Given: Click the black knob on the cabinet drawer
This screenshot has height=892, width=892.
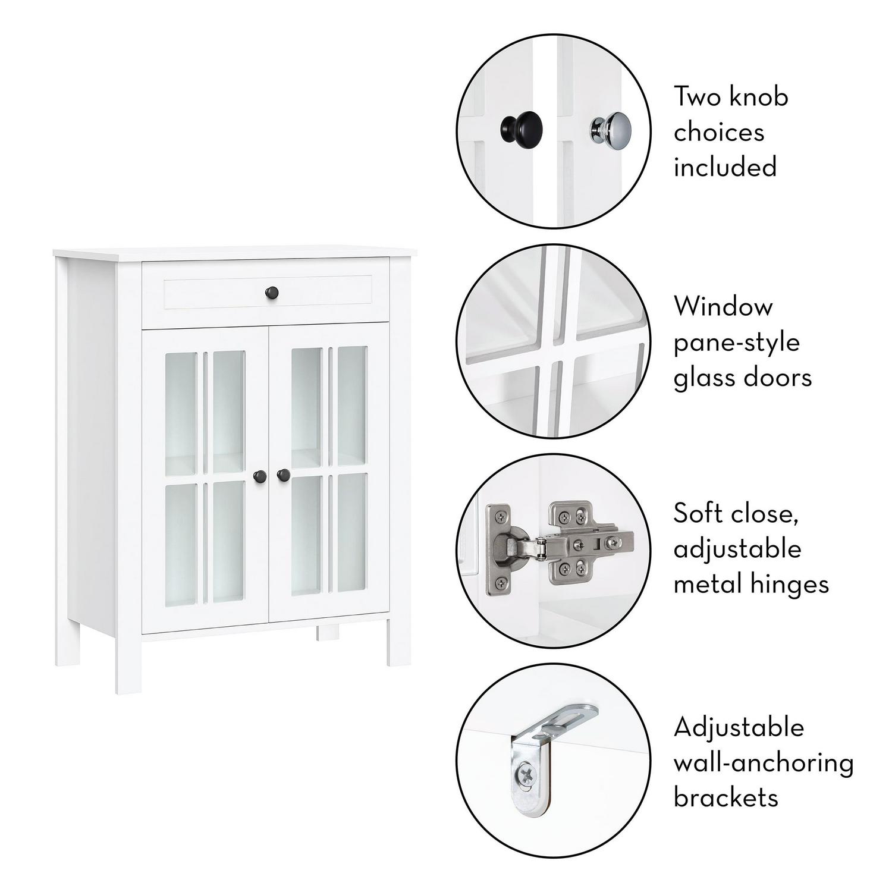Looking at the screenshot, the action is (272, 293).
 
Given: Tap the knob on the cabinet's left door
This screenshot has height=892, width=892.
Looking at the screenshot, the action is (260, 476).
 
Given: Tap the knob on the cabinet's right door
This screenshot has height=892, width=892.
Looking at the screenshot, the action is (284, 475).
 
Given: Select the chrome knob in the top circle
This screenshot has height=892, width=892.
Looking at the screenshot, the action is (610, 128).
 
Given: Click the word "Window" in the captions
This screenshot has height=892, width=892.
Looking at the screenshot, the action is (723, 307).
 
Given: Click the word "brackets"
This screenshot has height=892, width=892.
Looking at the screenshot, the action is (725, 797).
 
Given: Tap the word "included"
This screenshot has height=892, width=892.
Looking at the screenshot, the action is (725, 167).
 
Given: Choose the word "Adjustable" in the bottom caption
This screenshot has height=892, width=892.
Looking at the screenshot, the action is (739, 728).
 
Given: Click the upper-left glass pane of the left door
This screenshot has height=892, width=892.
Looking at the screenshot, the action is (181, 413).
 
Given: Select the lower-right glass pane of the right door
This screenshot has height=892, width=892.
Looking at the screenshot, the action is (352, 533).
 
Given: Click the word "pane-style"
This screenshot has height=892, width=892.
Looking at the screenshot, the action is (737, 344).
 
